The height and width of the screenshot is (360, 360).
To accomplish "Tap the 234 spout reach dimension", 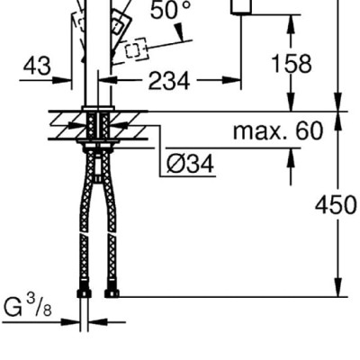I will (167, 80).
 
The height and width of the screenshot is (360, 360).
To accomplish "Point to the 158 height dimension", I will (290, 64).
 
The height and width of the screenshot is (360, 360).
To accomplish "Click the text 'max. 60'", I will (277, 131).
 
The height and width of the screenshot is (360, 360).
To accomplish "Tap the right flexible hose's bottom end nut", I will (112, 292).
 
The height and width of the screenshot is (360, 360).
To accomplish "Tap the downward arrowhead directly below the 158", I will (290, 103).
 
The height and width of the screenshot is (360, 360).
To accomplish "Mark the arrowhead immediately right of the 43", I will (67, 80).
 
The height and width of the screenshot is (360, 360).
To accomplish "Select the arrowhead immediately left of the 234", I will (118, 80).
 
